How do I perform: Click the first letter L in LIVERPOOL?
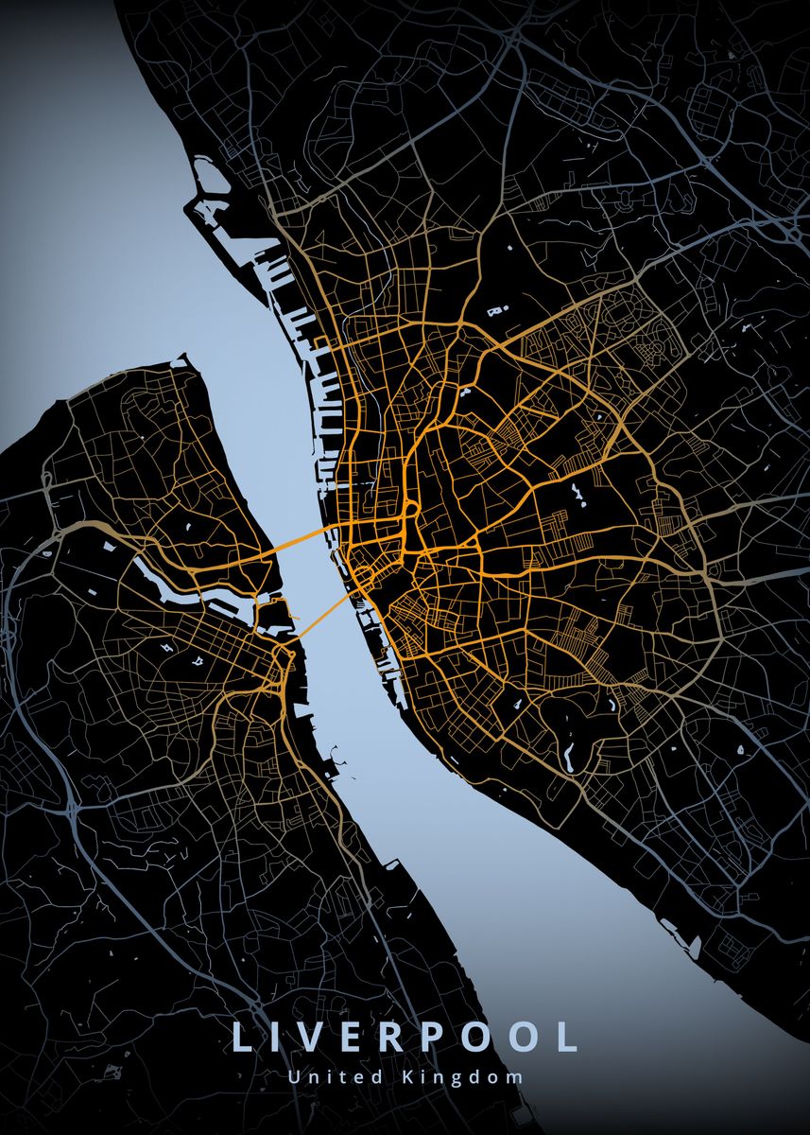(x=240, y=1037)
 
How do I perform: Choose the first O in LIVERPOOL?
(x=479, y=1037)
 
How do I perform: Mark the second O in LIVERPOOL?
(x=526, y=1037)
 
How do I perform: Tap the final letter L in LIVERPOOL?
(x=567, y=1037)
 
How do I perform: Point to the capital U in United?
(x=293, y=1076)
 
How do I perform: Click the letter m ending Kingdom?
(x=515, y=1077)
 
